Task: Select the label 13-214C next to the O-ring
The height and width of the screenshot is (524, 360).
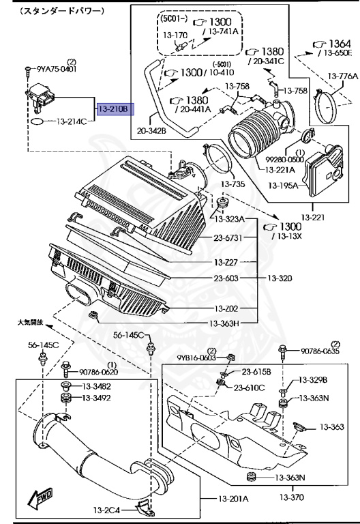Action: tap(72, 121)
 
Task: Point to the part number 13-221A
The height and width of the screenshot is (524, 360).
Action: tap(280, 170)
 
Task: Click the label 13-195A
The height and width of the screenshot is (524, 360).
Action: tap(283, 185)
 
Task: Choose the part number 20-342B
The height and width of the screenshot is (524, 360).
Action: tap(151, 131)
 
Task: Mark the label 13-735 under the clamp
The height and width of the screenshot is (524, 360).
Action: tap(232, 184)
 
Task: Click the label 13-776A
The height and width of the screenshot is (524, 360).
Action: tap(343, 76)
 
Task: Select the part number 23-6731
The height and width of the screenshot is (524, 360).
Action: tap(228, 237)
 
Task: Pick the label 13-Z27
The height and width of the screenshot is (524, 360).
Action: tap(226, 262)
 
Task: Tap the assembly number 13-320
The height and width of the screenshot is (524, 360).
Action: tap(280, 278)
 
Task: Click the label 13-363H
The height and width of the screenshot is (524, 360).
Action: tap(225, 323)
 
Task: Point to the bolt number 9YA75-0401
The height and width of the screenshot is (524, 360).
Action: tap(57, 69)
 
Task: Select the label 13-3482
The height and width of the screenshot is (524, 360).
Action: tap(97, 387)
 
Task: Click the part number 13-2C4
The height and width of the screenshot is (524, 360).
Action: tap(106, 510)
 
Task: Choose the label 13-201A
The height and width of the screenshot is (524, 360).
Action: tap(233, 499)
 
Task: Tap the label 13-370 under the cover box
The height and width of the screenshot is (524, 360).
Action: tap(292, 497)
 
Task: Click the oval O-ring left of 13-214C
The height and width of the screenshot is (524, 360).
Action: tap(37, 121)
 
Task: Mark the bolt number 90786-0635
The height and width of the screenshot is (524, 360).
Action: tap(320, 351)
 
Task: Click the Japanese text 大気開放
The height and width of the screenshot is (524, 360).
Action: tap(31, 323)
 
